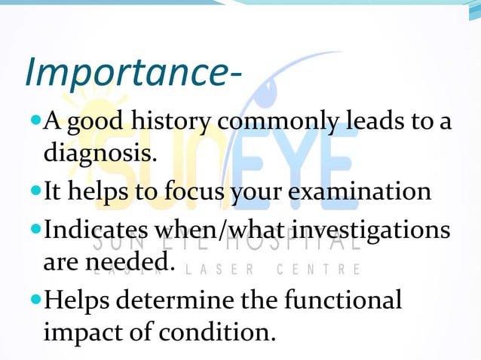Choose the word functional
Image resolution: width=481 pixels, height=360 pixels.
pyautogui.click(x=343, y=299)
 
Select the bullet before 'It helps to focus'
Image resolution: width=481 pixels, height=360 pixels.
pyautogui.click(x=35, y=191)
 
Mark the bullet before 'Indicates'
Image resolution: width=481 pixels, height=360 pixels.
pyautogui.click(x=35, y=227)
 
